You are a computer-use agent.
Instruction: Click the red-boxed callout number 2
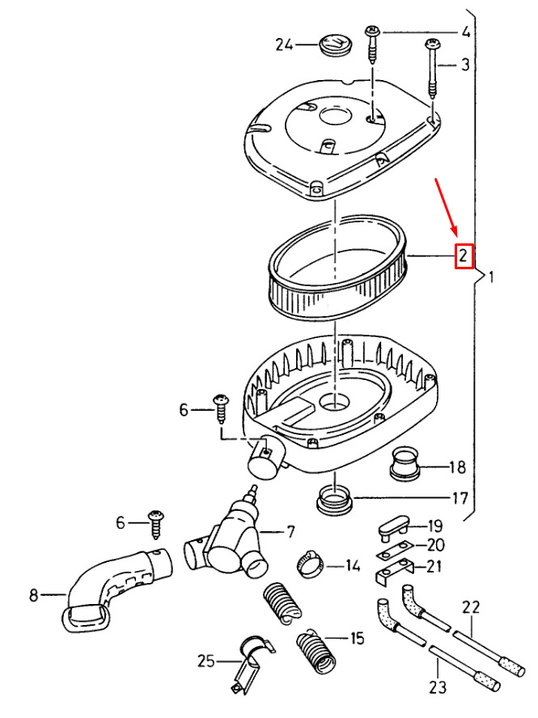click(x=464, y=256)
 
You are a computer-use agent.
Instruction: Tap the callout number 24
click(x=284, y=45)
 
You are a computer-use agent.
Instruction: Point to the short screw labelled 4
click(x=373, y=44)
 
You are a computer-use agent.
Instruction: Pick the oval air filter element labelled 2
click(x=337, y=267)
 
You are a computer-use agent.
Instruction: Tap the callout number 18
click(x=457, y=467)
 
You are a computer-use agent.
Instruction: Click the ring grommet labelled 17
click(x=335, y=499)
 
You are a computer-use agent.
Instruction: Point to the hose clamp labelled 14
click(x=310, y=564)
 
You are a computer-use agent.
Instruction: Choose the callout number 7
click(x=290, y=532)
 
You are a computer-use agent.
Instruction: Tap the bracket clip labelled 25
click(x=251, y=664)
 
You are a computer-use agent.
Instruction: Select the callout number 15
click(x=357, y=638)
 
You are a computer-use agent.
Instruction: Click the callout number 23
click(x=438, y=687)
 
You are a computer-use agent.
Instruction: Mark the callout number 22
click(x=471, y=607)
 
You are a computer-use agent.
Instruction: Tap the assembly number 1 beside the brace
click(x=491, y=277)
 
